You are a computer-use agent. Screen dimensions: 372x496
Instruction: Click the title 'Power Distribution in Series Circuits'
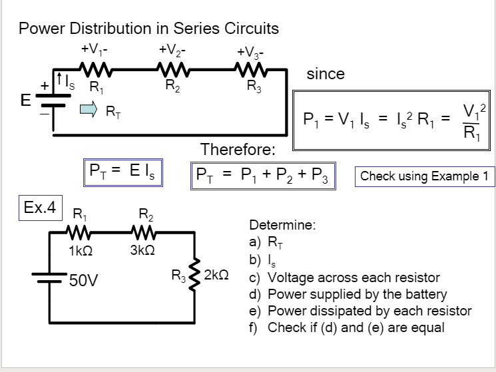[x=148, y=29]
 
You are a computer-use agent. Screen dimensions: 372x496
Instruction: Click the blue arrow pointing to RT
[x=89, y=108]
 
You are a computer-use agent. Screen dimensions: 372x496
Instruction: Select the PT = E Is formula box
[x=124, y=173]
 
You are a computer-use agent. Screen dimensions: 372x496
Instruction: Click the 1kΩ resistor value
[x=80, y=251]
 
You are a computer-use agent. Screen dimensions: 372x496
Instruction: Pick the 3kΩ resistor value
[x=142, y=251]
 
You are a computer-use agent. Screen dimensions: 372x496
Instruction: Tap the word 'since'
[x=325, y=74]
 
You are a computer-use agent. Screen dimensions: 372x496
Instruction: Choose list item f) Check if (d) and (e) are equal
[x=346, y=327]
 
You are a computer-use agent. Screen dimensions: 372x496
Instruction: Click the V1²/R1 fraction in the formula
[x=474, y=120]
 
